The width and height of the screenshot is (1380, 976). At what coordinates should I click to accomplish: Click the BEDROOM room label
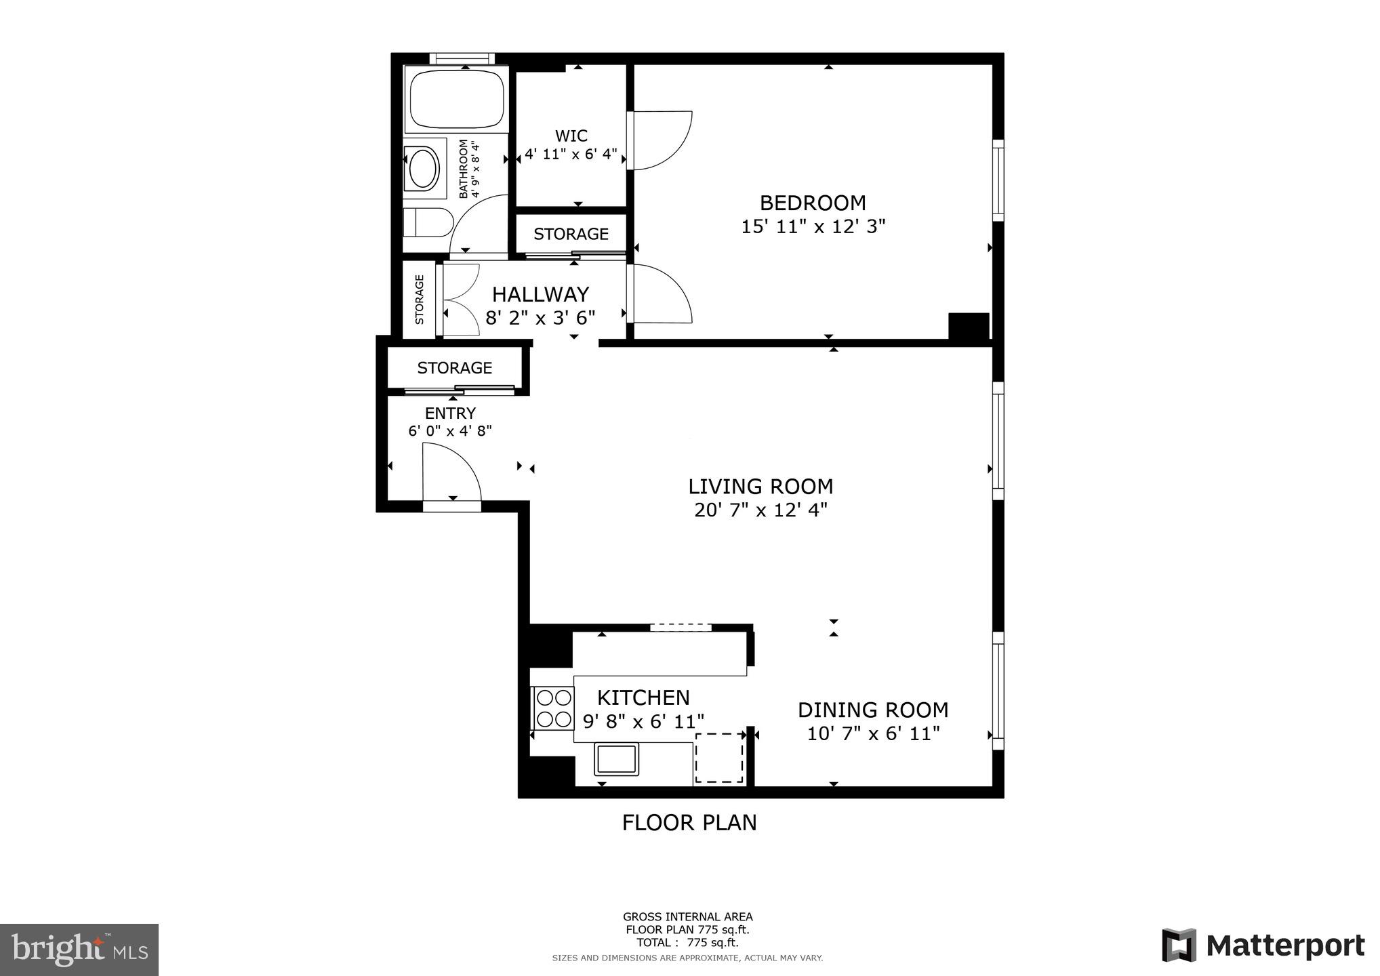813,203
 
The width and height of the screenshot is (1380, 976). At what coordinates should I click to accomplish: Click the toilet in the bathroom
427,222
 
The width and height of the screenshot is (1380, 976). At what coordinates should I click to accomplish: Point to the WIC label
571,136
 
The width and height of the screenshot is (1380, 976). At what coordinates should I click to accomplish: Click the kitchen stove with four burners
553,708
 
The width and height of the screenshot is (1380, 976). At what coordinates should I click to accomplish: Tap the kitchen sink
616,759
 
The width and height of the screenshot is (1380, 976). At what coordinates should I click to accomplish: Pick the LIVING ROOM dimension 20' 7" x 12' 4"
760,510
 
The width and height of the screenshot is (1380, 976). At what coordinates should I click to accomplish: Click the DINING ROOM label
872,710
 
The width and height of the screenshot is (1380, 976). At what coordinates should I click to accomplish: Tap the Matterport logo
1263,945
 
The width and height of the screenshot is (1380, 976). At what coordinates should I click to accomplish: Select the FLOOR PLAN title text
689,822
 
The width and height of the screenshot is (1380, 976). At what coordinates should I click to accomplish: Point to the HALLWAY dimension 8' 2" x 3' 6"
540,317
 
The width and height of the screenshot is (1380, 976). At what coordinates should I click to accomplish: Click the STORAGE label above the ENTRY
454,368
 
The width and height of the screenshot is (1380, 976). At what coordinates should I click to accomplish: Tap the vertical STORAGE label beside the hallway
420,299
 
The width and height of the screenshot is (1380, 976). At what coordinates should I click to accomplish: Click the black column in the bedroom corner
969,325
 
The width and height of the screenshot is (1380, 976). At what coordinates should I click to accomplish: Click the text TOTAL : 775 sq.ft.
687,942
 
